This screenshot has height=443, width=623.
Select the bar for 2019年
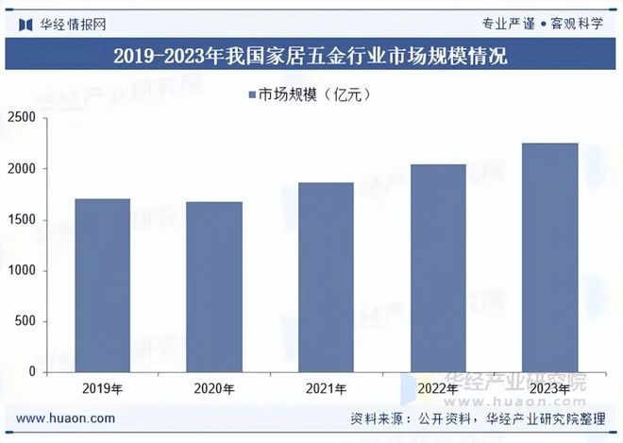point(102,285)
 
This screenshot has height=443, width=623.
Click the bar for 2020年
point(214,287)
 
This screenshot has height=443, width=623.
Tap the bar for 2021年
point(326,278)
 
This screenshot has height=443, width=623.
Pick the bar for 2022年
point(438,268)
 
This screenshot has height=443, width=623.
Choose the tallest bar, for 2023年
point(549,258)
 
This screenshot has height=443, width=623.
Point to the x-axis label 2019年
point(102,388)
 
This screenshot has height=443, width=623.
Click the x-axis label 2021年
point(326,388)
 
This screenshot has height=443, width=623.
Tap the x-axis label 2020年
point(214,388)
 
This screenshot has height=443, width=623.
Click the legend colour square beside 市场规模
point(252,94)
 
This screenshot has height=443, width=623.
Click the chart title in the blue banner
point(311,56)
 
